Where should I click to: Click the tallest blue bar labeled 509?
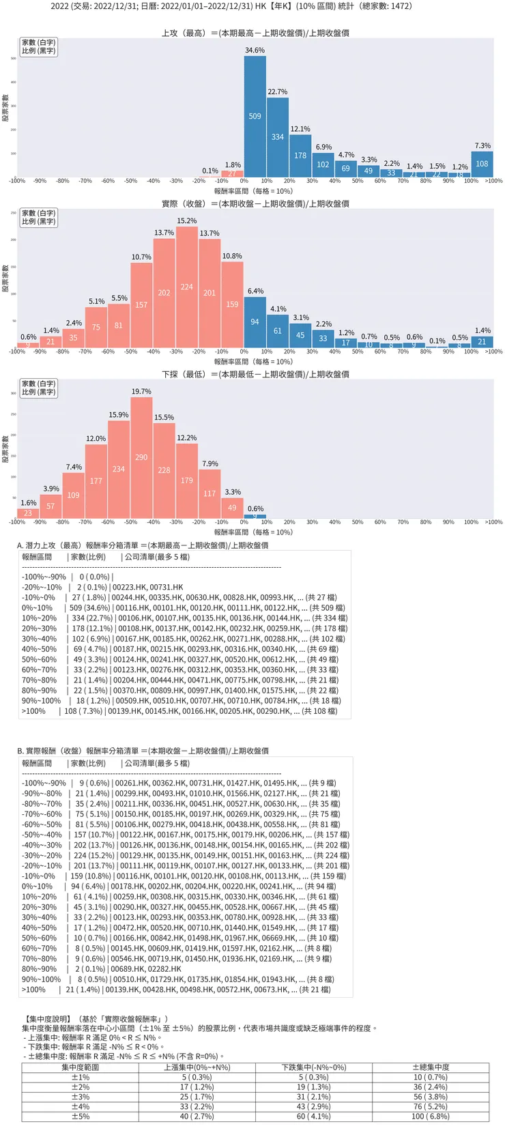255,117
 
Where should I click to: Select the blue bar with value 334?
278,137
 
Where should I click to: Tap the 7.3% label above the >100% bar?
482,145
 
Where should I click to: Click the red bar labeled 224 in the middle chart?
187,287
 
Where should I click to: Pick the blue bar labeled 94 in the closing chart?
255,321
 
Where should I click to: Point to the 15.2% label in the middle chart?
187,221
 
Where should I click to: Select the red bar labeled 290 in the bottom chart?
141,457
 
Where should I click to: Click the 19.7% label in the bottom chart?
141,392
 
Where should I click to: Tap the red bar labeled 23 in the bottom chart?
28,513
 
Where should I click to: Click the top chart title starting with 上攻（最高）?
255,33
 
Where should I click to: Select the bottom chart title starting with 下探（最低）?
255,374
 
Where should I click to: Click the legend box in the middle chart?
38,217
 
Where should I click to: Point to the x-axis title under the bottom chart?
253,532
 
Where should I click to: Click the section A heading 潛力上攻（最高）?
143,545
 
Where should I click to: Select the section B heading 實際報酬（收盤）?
143,751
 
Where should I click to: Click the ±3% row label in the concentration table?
81,1097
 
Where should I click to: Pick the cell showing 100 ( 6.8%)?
431,1117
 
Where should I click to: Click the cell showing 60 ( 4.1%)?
313,1117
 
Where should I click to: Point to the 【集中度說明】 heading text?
46,1019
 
